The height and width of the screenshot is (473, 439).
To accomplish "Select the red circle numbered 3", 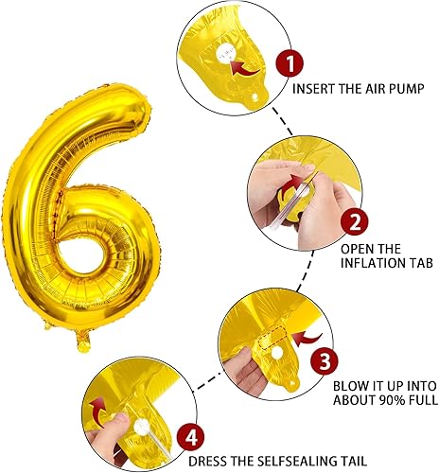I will coord(323,359).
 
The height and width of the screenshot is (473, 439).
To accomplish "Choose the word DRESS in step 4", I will coord(210,463).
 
